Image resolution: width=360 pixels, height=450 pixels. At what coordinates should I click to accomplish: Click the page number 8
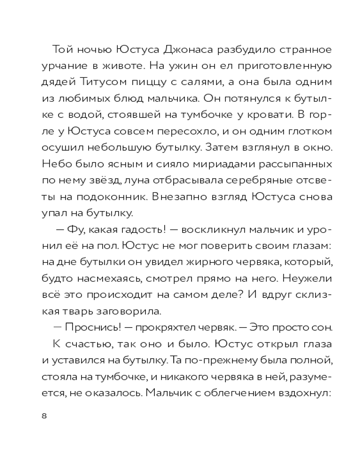(44, 415)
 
